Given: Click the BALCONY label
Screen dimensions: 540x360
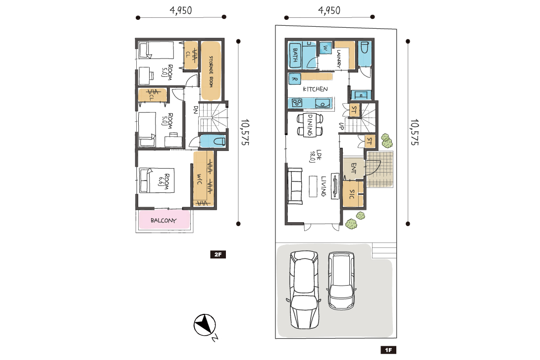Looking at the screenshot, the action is [x=163, y=220].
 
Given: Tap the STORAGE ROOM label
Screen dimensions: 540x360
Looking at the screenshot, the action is [x=211, y=71].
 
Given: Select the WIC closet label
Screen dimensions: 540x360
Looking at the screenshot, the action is [x=199, y=179].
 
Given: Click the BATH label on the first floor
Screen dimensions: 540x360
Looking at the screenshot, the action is [x=295, y=55].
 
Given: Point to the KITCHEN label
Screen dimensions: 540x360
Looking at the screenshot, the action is [x=315, y=89].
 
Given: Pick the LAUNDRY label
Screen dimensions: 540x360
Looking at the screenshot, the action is [x=339, y=59].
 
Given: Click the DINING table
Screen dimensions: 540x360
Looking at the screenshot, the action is [x=310, y=124].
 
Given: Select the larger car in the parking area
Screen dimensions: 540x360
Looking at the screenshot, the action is [x=304, y=290].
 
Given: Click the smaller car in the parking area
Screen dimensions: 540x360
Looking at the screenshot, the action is [x=341, y=281].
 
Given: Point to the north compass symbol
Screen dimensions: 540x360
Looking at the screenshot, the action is [x=205, y=325].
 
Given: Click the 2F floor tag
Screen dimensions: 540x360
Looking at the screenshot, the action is [x=218, y=254].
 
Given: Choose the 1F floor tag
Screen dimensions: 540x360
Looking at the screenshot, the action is [x=388, y=350].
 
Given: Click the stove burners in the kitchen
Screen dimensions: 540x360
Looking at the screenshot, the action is [x=297, y=103].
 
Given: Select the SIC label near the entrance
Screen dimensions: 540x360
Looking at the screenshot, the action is [x=352, y=194].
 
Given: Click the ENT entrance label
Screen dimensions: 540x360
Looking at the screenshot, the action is [x=354, y=168].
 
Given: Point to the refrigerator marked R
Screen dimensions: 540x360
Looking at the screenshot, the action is [x=294, y=79].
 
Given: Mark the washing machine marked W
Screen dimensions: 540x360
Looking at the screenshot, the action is [x=325, y=48].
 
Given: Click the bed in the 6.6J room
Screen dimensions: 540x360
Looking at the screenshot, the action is [x=157, y=180].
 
